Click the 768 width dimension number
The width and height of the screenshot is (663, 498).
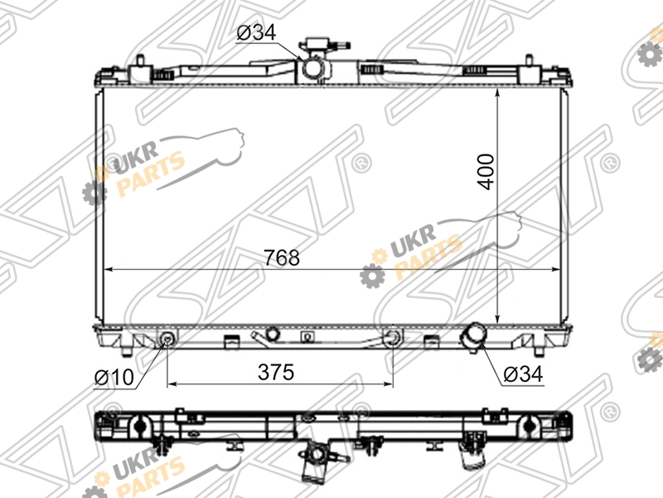click(282, 257)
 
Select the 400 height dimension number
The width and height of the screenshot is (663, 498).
click(486, 172)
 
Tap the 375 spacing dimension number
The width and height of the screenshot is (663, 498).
click(276, 372)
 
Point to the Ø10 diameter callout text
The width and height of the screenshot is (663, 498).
click(114, 378)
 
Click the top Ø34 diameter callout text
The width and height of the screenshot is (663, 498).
click(256, 32)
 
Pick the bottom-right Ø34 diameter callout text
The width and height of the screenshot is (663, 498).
click(523, 374)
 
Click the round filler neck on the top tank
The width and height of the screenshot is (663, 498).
click(314, 68)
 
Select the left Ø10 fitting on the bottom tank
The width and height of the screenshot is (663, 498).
click(168, 338)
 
